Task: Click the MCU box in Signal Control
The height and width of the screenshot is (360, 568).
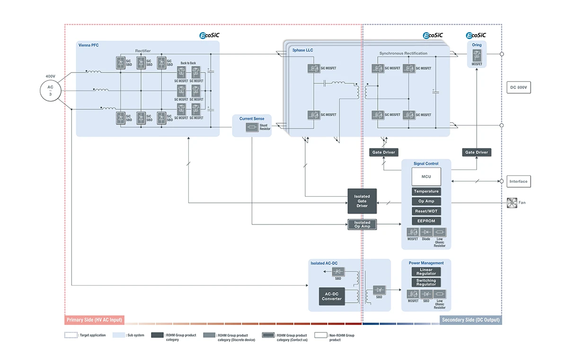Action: pos(426,177)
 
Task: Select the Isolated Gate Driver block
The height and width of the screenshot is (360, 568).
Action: pos(362,201)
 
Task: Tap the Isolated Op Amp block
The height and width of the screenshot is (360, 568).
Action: pos(362,225)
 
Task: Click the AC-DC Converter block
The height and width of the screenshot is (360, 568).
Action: pos(332,296)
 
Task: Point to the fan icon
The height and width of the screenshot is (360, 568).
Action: pos(511,202)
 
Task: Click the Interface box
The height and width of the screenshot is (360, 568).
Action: pos(518,181)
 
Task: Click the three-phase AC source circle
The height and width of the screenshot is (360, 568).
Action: pos(51,90)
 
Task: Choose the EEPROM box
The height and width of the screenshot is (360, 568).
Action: pos(426,221)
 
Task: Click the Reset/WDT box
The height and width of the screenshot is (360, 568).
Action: pos(426,211)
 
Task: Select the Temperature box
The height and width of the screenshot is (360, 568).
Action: pos(426,191)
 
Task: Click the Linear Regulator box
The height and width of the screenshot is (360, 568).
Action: pos(426,272)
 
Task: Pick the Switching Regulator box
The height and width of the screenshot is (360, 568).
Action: pos(426,282)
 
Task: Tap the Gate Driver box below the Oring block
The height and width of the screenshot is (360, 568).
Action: pos(476,152)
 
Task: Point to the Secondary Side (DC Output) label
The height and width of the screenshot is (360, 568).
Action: pos(470,320)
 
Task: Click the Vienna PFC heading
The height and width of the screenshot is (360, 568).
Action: pos(89,45)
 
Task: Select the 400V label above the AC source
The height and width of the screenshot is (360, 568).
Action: pos(50,76)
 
